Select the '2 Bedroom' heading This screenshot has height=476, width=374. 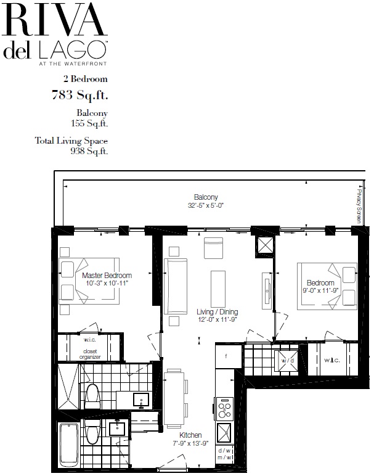click(x=85, y=79)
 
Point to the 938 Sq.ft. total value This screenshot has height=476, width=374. click(x=89, y=151)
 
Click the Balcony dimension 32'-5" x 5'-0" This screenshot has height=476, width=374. click(x=206, y=206)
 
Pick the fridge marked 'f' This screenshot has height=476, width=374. click(x=226, y=356)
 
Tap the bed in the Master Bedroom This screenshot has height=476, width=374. click(x=89, y=281)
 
